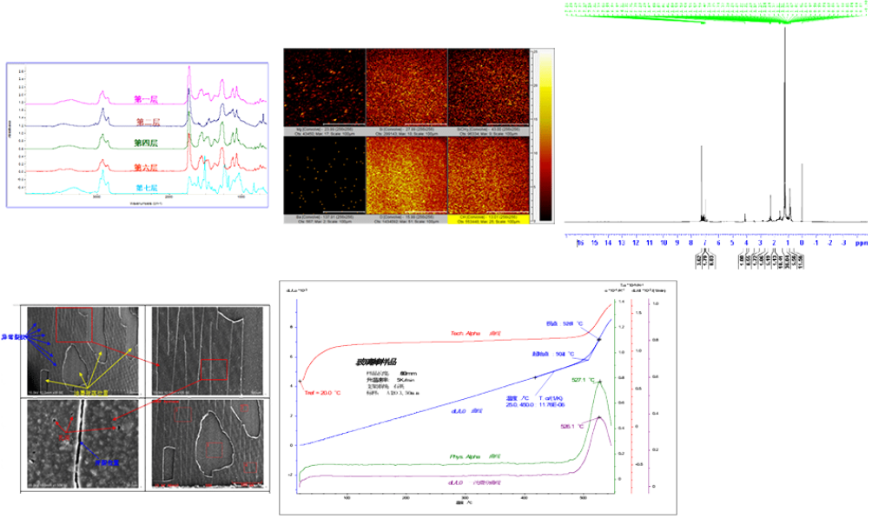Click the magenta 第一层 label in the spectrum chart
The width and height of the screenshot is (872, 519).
pos(147,99)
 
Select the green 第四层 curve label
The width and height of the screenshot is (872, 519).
pos(147,143)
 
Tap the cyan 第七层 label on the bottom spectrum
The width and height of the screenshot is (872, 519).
pos(147,187)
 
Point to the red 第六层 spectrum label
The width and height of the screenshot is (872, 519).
pos(147,166)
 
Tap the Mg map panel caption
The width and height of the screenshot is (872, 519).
pos(324,131)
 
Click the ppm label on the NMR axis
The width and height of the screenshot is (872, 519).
pos(860,244)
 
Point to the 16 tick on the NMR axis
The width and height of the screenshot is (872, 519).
pos(579,244)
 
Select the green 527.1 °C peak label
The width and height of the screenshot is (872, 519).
pos(583,380)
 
